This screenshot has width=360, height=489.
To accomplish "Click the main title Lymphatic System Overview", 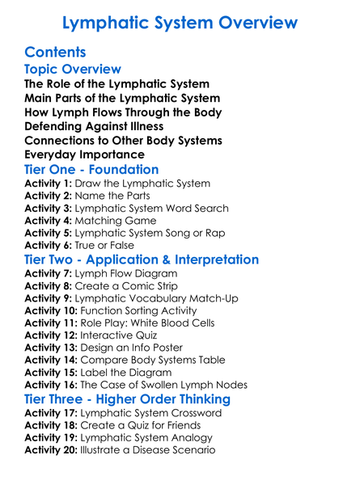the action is pos(180,23).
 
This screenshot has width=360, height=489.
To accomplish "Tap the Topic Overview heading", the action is pos(73,70).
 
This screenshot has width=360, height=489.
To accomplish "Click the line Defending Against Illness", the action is pos(94,126).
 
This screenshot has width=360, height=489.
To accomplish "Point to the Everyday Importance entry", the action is pos(85,154).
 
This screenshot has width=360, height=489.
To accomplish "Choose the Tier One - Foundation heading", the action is pos(91,170).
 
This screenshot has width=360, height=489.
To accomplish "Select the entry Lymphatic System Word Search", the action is pos(154,208).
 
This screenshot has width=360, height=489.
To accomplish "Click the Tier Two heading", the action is pos(142,260).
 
